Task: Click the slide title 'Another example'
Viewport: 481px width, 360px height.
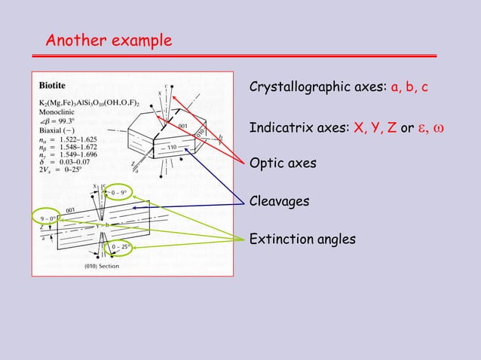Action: [109, 40]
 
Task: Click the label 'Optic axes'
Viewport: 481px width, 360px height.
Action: [283, 163]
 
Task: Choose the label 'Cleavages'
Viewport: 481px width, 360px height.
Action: [280, 201]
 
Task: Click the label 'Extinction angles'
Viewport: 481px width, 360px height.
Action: [302, 239]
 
